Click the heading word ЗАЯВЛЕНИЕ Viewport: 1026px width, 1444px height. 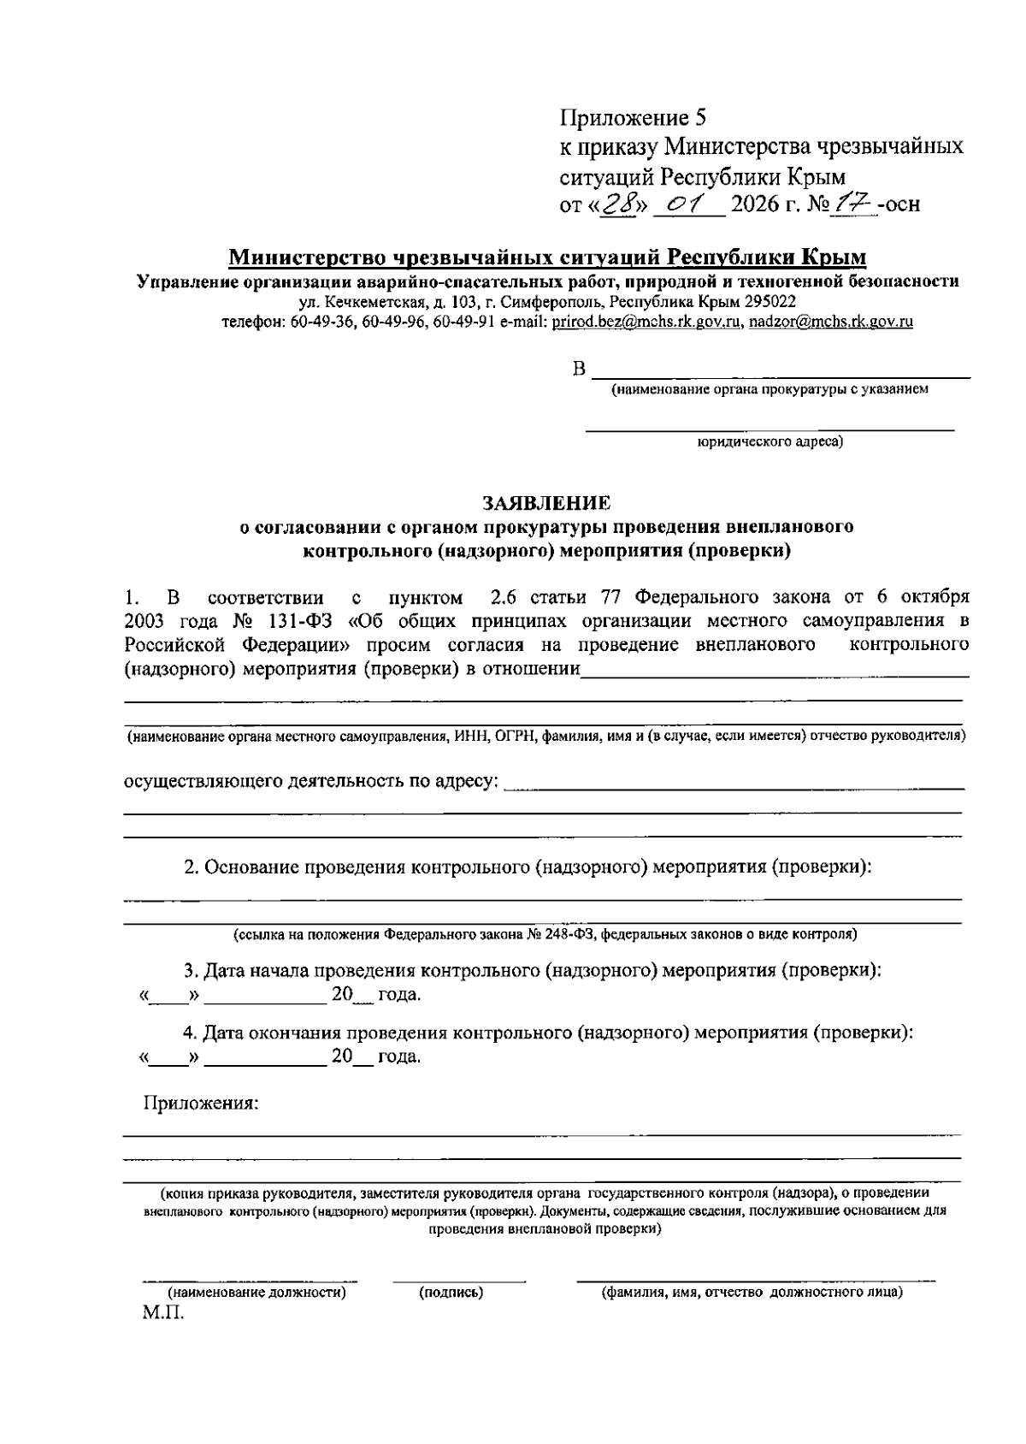coord(547,502)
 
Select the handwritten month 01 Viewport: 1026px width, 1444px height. coord(688,204)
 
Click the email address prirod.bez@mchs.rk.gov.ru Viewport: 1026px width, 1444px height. coord(648,323)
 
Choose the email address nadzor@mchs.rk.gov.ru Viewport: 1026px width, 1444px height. coord(831,323)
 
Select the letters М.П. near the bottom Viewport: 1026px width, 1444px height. coord(162,1313)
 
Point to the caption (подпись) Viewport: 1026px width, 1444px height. coord(451,1293)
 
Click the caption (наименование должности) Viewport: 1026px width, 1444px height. coord(256,1293)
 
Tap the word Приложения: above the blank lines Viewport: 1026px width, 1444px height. coord(200,1104)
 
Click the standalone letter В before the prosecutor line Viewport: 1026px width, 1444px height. coord(579,370)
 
